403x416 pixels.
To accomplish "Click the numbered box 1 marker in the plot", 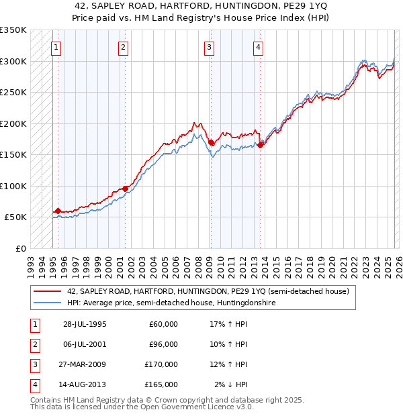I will point(56,48).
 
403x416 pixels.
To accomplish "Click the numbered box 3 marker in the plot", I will point(210,48).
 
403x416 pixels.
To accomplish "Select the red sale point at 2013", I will point(260,146).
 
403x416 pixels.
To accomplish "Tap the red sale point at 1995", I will point(58,211).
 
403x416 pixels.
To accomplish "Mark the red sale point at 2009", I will point(211,142).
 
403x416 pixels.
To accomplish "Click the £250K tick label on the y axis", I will point(13,93).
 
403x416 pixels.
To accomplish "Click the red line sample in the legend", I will point(47,292).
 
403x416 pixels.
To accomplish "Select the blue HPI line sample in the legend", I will point(47,303).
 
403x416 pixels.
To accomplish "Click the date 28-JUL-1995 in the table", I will point(85,324).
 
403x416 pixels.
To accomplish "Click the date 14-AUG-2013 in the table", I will point(85,384).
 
